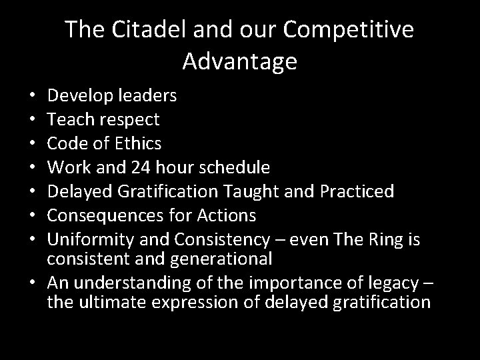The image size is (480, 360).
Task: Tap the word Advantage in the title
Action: pos(239,61)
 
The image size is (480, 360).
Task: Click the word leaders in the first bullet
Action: pos(147,95)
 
